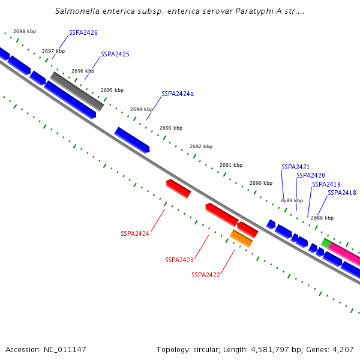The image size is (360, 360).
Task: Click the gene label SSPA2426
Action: pos(83,32)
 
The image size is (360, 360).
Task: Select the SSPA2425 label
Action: pos(115,54)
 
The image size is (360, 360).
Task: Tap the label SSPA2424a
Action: pos(178,94)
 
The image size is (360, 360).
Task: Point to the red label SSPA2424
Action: pos(135,233)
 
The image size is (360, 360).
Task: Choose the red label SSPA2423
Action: pos(179,260)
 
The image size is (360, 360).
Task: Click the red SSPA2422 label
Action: pos(206,275)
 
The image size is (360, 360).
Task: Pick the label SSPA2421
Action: pos(296,167)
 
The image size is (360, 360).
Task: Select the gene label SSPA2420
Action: pos(311,175)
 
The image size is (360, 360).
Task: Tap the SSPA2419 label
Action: pos(326,184)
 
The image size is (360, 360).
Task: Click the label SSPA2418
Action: pos(342,193)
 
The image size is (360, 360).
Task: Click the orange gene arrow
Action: pos(241,238)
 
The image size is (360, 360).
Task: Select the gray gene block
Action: pos(77,91)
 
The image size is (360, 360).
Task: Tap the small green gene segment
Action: pos(326,243)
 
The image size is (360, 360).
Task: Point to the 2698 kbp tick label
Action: pos(24,31)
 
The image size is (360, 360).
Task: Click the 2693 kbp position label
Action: pos(171,128)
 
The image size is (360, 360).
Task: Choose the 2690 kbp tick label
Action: pos(261,183)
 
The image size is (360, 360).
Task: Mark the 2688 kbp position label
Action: pos(322,218)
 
